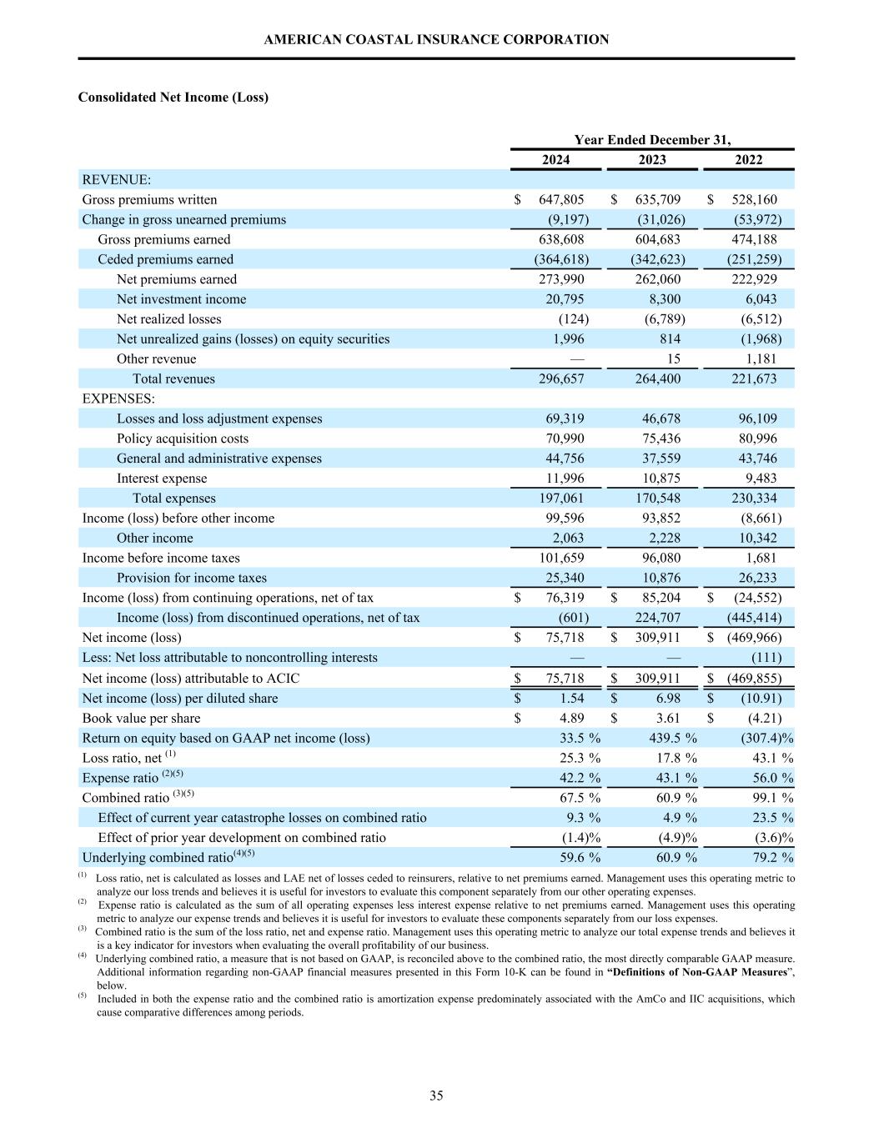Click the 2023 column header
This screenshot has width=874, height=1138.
[652, 160]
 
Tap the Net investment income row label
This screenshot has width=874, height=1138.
[181, 299]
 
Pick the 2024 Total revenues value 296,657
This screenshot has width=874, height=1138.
[561, 379]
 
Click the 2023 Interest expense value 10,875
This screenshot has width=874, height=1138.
[657, 479]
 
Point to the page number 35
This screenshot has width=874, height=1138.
[436, 1095]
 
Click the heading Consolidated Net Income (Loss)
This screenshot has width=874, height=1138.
[173, 98]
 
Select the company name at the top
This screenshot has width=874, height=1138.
[436, 39]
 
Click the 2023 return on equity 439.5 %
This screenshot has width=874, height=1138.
[672, 738]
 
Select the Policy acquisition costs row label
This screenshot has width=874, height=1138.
[182, 439]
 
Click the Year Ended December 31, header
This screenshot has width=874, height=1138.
[652, 140]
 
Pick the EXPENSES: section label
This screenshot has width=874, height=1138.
[118, 399]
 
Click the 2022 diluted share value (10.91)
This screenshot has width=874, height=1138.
[761, 699]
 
